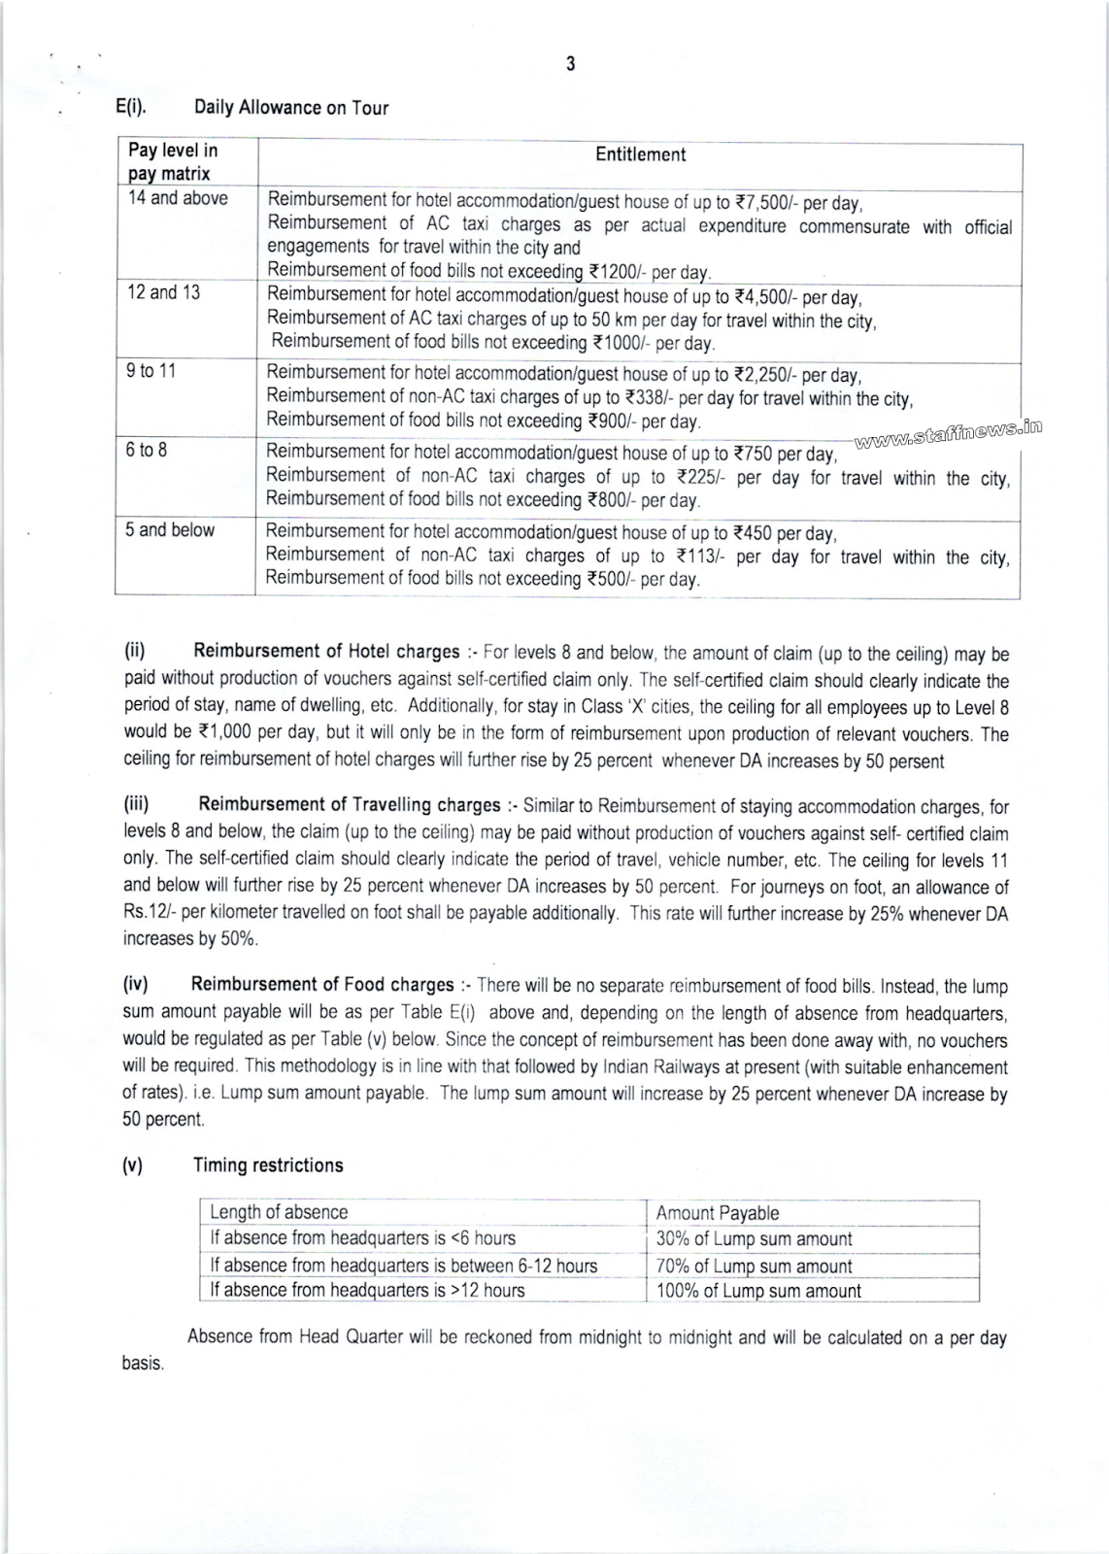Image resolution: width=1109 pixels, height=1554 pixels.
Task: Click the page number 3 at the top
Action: point(570,64)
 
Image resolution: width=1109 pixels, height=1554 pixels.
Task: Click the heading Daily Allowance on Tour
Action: point(290,108)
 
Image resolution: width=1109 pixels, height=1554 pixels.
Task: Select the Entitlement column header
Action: point(640,154)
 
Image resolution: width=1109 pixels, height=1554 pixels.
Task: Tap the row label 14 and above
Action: point(178,198)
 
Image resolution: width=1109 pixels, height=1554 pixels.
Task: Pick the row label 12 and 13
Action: point(163,292)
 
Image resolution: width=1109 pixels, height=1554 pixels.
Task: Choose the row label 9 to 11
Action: point(151,370)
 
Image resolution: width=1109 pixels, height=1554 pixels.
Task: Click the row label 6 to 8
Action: point(146,450)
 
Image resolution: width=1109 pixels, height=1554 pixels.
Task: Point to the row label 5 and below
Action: point(170,529)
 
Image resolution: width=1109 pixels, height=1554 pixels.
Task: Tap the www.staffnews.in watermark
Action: point(948,432)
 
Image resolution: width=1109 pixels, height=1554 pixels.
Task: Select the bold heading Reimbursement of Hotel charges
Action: point(326,651)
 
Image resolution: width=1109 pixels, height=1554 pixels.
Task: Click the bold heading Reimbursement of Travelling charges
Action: point(350,804)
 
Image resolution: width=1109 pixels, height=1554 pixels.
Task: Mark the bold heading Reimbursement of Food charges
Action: point(322,985)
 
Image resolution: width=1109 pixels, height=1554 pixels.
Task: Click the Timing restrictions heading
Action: point(268,1165)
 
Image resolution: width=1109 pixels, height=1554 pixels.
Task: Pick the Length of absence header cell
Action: point(279,1212)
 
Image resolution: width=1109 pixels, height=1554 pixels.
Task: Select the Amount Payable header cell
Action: point(718,1213)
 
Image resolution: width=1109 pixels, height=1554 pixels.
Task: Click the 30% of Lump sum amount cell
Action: point(754,1239)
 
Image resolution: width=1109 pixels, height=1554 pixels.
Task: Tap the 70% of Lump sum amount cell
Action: point(754,1267)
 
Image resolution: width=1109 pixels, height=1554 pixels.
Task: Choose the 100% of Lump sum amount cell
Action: point(758,1291)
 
